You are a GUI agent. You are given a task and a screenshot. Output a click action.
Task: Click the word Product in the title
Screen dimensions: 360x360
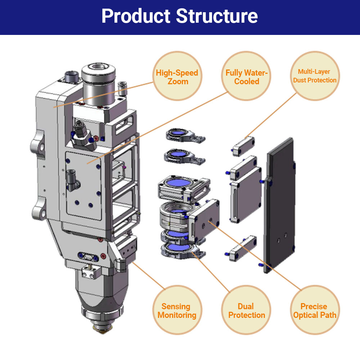click(x=136, y=16)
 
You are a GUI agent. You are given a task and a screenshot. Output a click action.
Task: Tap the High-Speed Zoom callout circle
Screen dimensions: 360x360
click(x=177, y=77)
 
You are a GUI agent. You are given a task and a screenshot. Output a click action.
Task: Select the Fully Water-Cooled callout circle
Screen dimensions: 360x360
click(x=247, y=77)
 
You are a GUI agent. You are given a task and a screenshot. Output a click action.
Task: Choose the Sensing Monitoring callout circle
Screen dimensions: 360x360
click(x=176, y=311)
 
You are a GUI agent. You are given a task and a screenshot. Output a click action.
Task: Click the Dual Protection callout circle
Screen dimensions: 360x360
click(x=246, y=311)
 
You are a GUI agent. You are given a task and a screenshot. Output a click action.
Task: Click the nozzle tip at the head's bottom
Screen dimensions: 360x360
click(x=103, y=328)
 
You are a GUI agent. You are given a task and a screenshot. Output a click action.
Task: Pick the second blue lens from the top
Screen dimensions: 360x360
click(x=177, y=154)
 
